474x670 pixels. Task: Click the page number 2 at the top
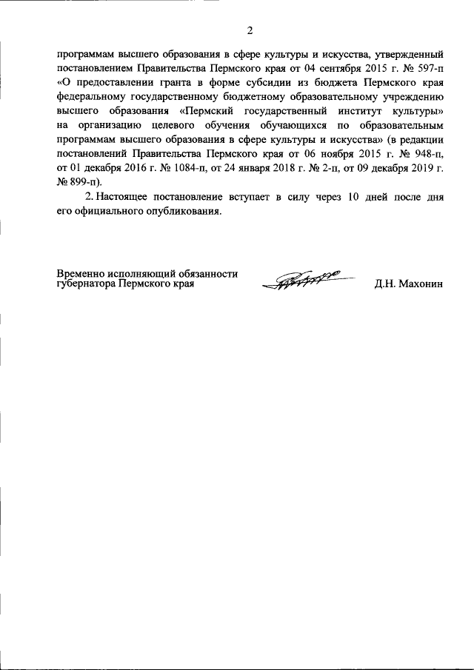pos(250,30)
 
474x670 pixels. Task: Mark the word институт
pos(361,110)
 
